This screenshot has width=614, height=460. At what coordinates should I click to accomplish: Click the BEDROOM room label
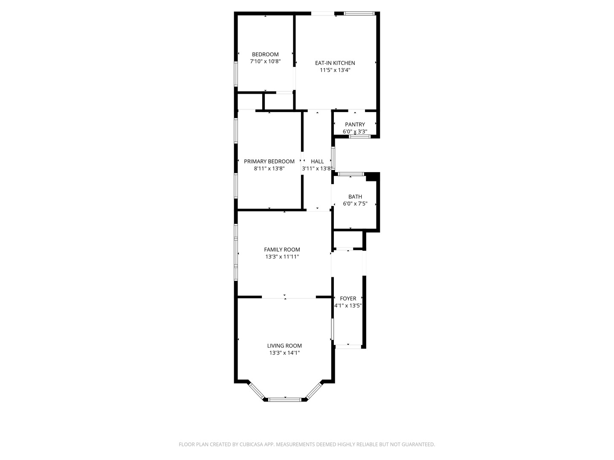pos(265,55)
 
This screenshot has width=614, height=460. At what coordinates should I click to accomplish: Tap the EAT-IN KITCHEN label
pos(335,63)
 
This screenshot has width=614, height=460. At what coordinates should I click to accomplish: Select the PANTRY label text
pos(355,124)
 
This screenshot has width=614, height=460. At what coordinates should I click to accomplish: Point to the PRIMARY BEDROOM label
pos(269,161)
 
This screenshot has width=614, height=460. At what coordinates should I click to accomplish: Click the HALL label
pos(317,161)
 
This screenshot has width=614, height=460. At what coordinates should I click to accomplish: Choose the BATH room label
pos(355,197)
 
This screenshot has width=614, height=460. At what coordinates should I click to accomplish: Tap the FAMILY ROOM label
pos(282,250)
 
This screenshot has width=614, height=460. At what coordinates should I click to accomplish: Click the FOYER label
pos(348,299)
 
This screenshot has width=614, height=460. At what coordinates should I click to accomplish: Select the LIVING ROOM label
pos(284,346)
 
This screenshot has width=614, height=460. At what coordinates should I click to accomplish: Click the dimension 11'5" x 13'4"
pos(335,70)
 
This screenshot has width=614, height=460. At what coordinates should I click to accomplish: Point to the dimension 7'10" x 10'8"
pos(265,61)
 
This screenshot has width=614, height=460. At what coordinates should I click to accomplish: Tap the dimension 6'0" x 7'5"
pos(355,204)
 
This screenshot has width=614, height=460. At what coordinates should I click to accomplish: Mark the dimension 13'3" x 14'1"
pos(284,353)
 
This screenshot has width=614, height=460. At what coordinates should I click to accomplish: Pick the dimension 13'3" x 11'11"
pos(282,257)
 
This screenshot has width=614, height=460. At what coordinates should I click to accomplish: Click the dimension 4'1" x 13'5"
pos(348,305)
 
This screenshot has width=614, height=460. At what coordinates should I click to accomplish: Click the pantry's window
pos(360,137)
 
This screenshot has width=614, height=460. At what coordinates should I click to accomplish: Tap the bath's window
pos(351,174)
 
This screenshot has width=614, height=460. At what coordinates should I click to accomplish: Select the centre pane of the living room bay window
pos(285,400)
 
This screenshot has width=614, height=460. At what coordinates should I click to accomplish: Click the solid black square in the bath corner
pos(371,177)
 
